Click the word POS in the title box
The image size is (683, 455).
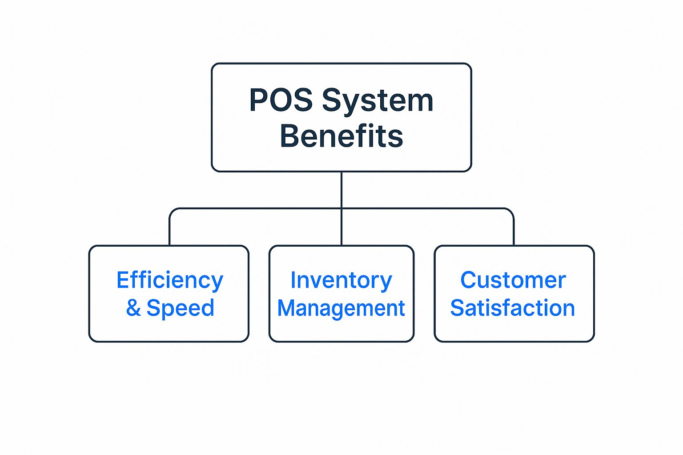tap(281, 100)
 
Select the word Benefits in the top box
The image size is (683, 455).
tap(341, 136)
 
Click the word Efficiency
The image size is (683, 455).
tap(169, 281)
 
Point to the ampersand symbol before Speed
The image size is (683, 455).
tap(133, 308)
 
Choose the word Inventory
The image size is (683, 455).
tap(341, 281)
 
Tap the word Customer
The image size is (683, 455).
tap(513, 280)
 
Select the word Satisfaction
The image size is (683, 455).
tap(513, 308)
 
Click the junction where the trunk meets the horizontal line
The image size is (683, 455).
tap(341, 208)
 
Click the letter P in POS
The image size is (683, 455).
tap(258, 100)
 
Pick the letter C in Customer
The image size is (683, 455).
tap(469, 280)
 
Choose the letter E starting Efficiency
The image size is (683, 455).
tap(122, 280)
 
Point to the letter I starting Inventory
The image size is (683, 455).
tap(293, 280)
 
